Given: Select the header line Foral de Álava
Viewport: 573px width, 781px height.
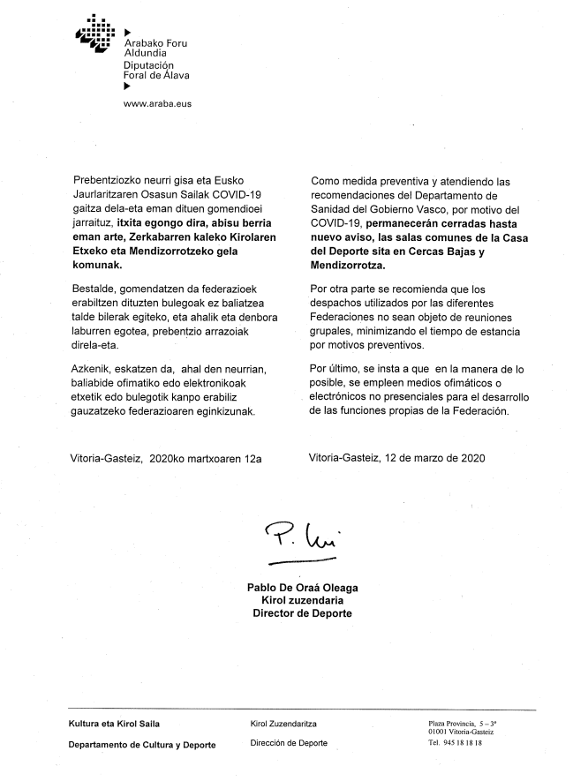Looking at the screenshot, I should point(156,75).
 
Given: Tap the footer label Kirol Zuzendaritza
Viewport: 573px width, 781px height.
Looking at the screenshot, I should point(283,724).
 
